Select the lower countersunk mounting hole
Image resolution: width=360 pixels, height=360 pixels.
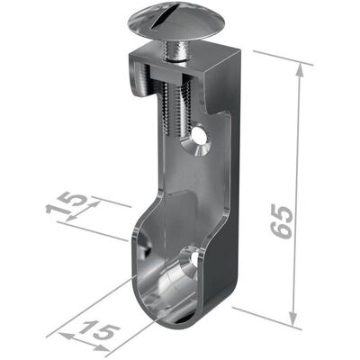[x=191, y=262]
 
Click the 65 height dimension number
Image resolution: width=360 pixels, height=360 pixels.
[x=281, y=220]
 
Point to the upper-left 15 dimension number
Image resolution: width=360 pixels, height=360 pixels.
[x=66, y=203]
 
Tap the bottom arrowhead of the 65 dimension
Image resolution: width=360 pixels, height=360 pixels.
[x=292, y=319]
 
